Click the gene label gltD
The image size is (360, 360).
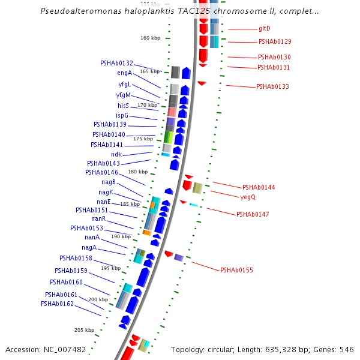pos(265,28)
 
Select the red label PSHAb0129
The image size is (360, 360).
pos(275,41)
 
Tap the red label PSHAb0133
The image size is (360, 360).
pos(272,86)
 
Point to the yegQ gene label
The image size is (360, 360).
pos(248,197)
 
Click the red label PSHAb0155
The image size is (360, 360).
pos(236,270)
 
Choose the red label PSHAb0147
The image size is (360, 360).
pos(253,214)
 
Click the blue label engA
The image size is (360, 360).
pos(125,73)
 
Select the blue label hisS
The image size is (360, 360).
pos(124,106)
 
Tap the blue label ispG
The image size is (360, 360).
pos(122,115)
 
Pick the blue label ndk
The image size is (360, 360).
pos(116,154)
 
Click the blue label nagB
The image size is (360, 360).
pos(109,182)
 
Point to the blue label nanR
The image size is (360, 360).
pos(98,218)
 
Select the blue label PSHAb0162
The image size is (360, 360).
pos(58,304)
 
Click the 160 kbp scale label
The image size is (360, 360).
pos(151,38)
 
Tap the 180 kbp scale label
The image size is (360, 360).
pos(137,172)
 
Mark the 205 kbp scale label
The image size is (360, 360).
pos(84,330)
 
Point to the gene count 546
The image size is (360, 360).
pos(347,349)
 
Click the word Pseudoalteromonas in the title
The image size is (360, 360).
pos(74,11)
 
